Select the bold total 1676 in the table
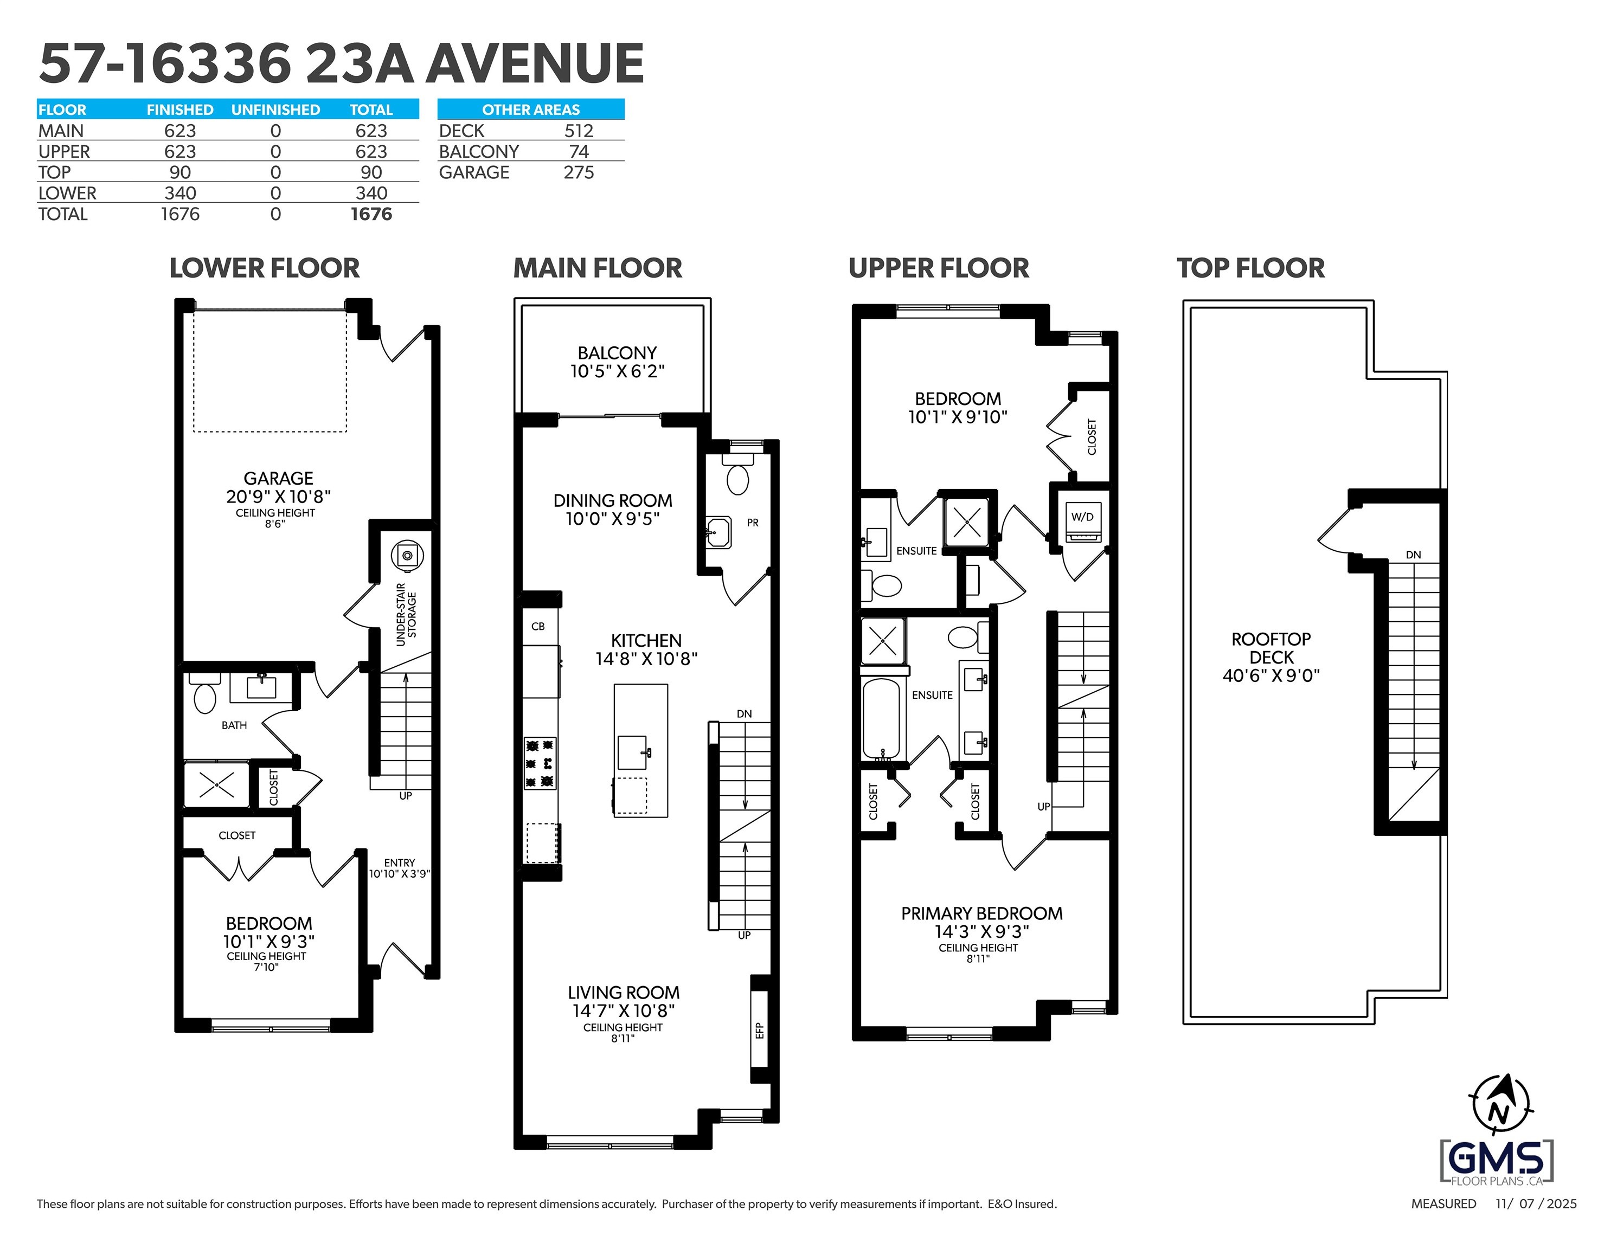(371, 214)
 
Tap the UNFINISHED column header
(275, 110)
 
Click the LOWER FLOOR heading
(264, 268)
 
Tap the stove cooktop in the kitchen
(540, 763)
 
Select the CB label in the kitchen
(538, 626)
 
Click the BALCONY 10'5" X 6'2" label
(617, 362)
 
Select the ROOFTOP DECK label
(1271, 656)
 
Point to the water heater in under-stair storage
(407, 555)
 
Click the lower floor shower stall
(216, 783)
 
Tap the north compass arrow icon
(1500, 1106)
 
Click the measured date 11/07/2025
(1536, 1204)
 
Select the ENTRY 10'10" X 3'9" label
(400, 868)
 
